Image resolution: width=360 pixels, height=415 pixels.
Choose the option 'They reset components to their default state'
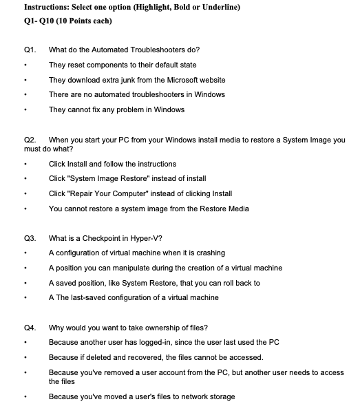tap(122, 65)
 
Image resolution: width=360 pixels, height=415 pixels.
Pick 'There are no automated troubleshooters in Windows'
tap(137, 94)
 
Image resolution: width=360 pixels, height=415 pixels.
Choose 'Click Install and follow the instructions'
tap(112, 164)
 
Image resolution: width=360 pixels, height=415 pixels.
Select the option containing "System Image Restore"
tap(127, 178)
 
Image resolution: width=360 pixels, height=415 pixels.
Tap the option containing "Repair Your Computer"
tap(140, 193)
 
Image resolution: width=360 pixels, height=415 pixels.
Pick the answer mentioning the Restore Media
tap(149, 209)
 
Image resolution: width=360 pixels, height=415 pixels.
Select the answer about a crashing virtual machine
tap(136, 253)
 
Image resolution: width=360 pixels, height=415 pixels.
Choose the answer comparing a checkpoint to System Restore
tap(154, 283)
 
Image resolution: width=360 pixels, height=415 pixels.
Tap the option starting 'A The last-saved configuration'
tap(134, 297)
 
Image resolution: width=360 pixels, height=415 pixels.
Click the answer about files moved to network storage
tap(142, 396)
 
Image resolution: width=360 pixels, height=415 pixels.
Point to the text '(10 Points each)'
tap(83, 21)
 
